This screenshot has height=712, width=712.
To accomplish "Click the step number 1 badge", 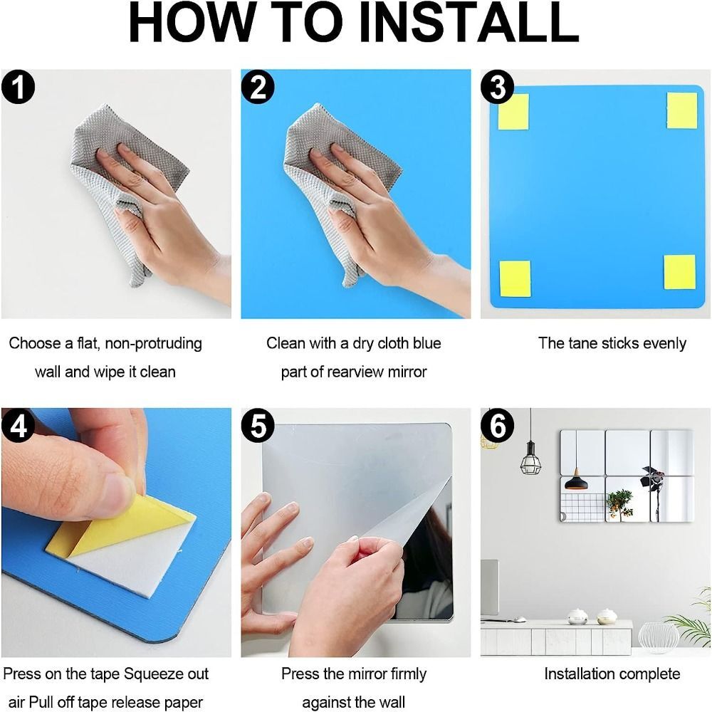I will point(19,88).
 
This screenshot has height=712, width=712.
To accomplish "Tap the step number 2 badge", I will point(258,88).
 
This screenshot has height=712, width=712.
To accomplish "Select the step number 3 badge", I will point(497,88).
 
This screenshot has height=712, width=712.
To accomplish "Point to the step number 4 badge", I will point(19,426).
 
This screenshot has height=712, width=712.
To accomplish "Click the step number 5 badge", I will point(258,426).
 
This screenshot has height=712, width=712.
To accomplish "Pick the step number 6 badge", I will point(497,426).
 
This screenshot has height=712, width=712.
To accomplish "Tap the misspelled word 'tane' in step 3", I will point(583,343).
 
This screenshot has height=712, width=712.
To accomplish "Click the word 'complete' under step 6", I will point(644,674).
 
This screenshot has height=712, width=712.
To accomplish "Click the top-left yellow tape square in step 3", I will point(513,112).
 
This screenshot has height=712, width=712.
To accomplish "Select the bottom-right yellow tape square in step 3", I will point(679,272).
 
